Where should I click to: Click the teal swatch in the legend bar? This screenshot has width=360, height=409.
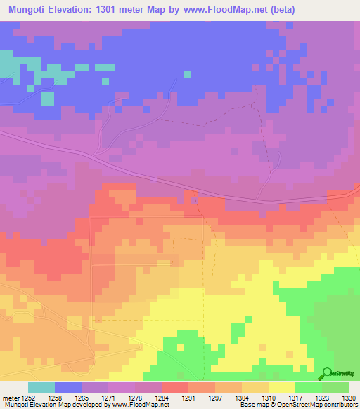coord(41,387)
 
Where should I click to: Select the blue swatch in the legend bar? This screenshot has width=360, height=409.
coord(68,387)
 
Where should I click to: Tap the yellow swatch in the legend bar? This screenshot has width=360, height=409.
coord(281,387)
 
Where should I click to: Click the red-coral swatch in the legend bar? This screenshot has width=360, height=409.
coord(174,387)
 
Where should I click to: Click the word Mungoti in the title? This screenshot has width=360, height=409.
coord(28,9)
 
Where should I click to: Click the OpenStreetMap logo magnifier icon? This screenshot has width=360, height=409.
coord(326,374)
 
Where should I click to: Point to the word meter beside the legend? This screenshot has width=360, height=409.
coord(10,397)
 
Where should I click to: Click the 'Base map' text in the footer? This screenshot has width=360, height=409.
coord(250,405)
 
